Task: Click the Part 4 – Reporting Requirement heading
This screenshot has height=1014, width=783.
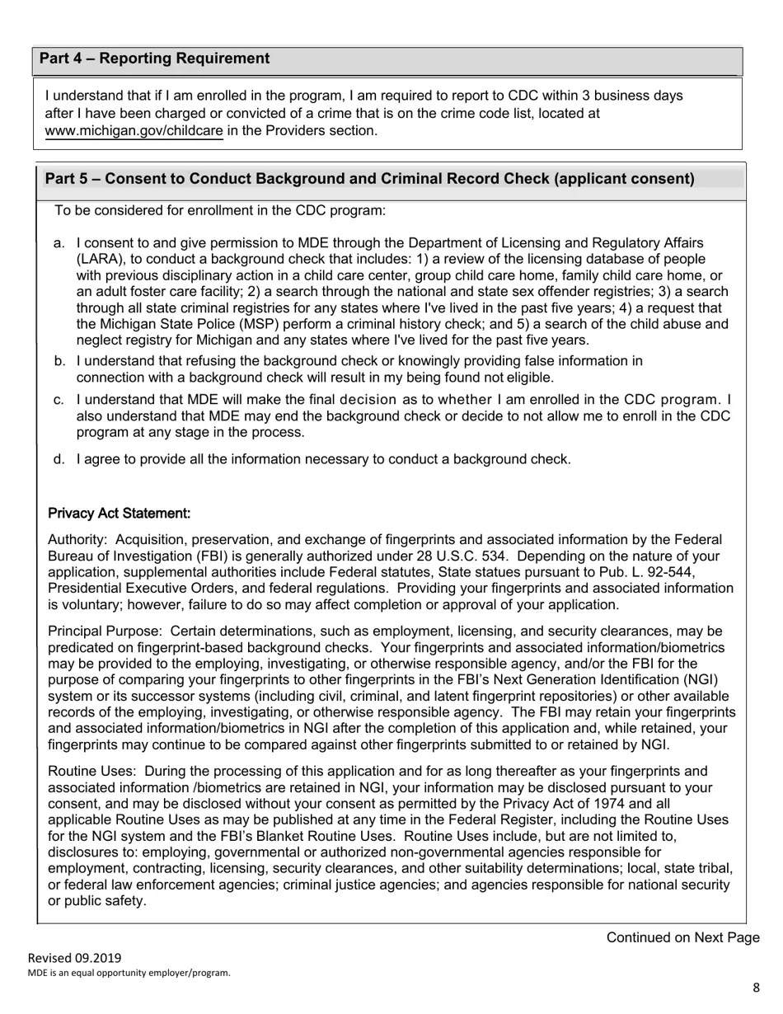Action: (154, 59)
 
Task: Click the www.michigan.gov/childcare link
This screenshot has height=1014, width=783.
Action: (134, 130)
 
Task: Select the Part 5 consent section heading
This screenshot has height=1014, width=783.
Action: (369, 179)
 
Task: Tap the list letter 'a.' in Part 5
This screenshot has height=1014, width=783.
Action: (59, 243)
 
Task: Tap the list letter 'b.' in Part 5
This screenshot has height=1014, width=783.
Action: (59, 361)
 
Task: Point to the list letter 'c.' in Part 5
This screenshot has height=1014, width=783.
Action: (59, 400)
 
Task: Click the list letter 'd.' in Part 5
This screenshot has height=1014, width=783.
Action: (59, 459)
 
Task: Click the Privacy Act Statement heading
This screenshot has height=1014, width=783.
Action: (120, 514)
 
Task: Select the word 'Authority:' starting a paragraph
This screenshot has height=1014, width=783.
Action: (77, 540)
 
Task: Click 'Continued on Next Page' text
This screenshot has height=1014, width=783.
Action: (682, 937)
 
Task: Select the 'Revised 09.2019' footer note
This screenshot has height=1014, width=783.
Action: (74, 958)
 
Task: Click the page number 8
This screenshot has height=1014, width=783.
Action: (756, 988)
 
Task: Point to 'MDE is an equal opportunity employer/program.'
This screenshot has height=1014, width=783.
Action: (129, 973)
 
